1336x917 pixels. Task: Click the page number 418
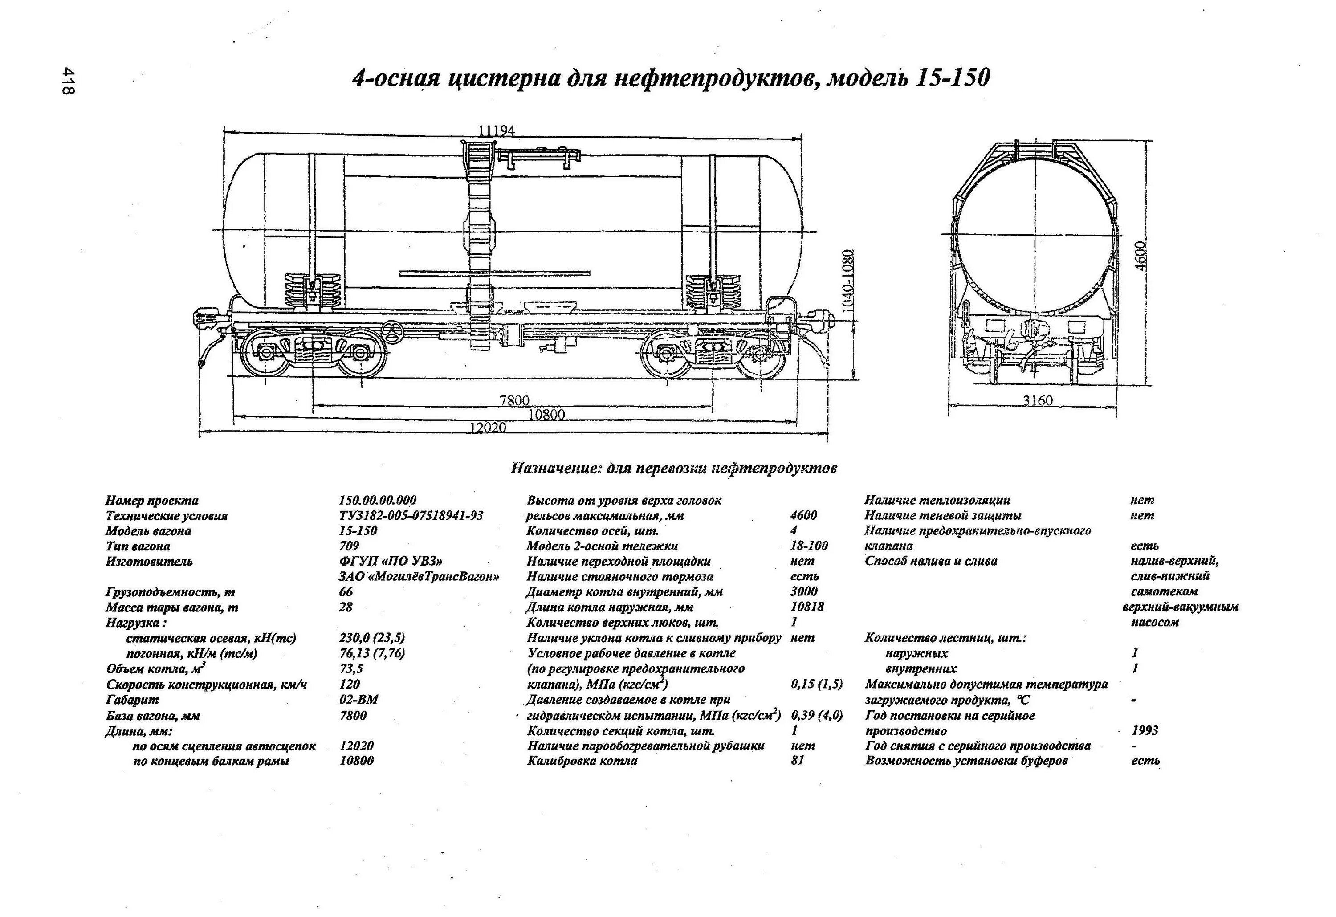point(69,82)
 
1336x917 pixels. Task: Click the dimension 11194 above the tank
point(496,131)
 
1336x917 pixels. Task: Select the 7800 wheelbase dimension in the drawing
point(514,400)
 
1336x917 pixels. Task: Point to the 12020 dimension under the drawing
point(488,428)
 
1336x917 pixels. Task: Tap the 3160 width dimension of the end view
point(1038,400)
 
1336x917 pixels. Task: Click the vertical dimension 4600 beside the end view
point(1140,255)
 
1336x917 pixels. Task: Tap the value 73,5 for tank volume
point(351,668)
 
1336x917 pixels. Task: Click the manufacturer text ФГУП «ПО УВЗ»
point(391,561)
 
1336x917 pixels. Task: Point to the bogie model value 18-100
point(809,546)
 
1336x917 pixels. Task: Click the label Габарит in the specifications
point(132,700)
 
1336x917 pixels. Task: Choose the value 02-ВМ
point(359,700)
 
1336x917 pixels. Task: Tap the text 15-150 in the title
point(951,77)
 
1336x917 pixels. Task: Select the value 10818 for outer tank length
point(807,607)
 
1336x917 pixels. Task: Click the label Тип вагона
point(138,546)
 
